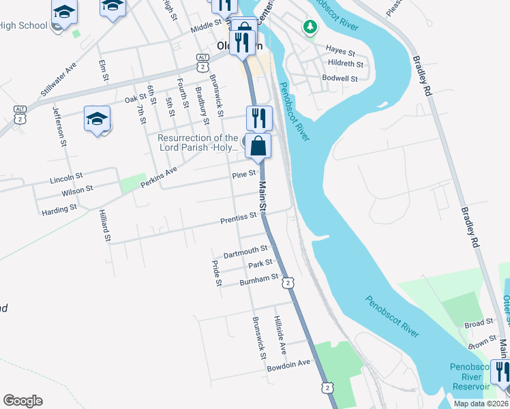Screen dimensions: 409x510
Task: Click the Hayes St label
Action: click(x=340, y=50)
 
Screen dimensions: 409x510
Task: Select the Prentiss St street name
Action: click(x=238, y=219)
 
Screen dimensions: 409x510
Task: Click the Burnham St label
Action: click(x=259, y=279)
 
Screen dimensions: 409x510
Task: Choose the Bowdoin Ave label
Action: click(x=288, y=362)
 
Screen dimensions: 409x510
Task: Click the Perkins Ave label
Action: click(x=159, y=177)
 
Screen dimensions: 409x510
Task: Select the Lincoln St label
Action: click(x=66, y=181)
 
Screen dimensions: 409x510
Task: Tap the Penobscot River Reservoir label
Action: click(x=469, y=376)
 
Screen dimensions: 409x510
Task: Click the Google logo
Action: click(x=22, y=400)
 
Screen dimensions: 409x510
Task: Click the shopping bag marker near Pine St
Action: click(x=258, y=146)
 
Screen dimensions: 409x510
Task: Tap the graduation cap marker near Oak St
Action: click(x=97, y=119)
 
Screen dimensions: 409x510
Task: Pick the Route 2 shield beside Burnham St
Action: click(x=288, y=282)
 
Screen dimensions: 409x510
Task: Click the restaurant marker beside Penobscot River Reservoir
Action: click(x=502, y=372)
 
